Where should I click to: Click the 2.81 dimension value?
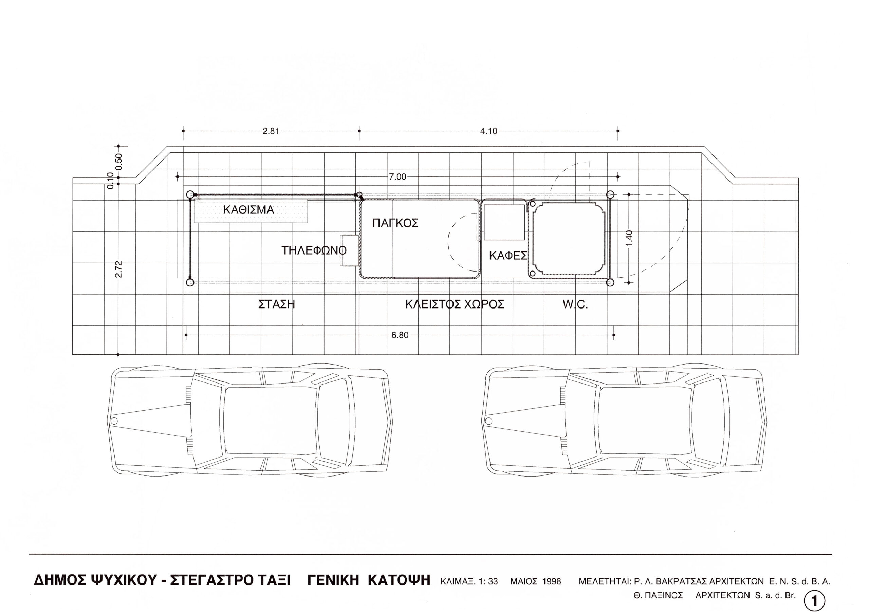click(x=271, y=131)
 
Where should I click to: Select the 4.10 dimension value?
click(x=488, y=131)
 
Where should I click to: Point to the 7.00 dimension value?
click(x=397, y=177)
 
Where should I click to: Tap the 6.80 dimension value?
click(x=400, y=335)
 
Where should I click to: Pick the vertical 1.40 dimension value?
click(x=629, y=238)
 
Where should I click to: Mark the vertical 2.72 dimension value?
click(x=118, y=269)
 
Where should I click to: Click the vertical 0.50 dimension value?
click(x=118, y=162)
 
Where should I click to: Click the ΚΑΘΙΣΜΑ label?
click(x=248, y=210)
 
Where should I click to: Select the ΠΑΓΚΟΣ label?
click(x=395, y=223)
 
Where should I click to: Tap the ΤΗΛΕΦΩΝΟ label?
click(x=314, y=250)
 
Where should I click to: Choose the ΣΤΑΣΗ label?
click(x=277, y=304)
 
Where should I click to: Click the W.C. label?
click(x=575, y=304)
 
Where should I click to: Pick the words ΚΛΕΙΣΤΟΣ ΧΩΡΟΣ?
click(x=455, y=304)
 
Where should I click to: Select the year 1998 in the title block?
click(x=552, y=581)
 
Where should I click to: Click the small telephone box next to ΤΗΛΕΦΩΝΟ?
click(x=350, y=251)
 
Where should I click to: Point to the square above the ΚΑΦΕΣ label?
click(x=504, y=222)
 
